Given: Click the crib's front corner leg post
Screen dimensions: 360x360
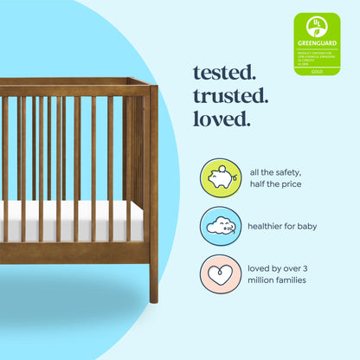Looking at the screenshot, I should (153, 190).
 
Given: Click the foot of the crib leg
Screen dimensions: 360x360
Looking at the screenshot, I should (154, 295).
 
